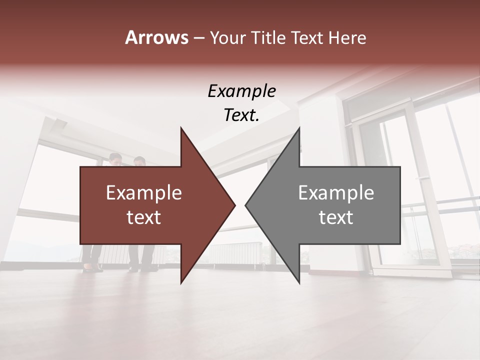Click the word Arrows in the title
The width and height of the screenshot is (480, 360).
tap(156, 37)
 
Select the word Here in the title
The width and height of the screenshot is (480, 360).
tap(347, 37)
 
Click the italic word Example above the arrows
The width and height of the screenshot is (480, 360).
tap(241, 91)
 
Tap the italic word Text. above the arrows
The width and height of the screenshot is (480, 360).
tap(241, 115)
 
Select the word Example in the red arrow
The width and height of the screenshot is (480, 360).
tap(144, 193)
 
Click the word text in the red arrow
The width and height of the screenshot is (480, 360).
tap(144, 217)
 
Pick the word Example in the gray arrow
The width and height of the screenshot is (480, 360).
tap(336, 193)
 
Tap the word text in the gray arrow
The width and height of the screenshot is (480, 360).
tap(336, 217)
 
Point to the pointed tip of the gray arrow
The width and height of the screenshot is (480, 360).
tap(246, 205)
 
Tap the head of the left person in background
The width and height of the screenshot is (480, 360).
tap(116, 159)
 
